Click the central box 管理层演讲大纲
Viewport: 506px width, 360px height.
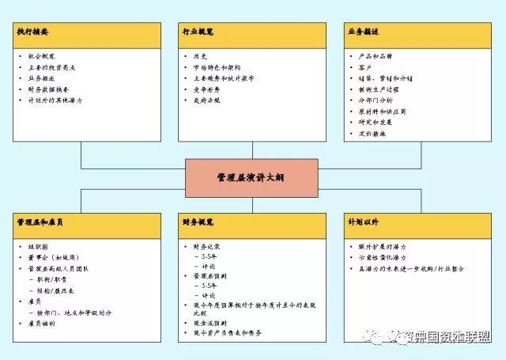(251, 178)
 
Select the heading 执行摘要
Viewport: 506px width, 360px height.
(33, 32)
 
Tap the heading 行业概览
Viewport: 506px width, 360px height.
(198, 32)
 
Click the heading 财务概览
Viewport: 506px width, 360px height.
(198, 223)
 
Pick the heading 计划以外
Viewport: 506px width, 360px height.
(362, 223)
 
